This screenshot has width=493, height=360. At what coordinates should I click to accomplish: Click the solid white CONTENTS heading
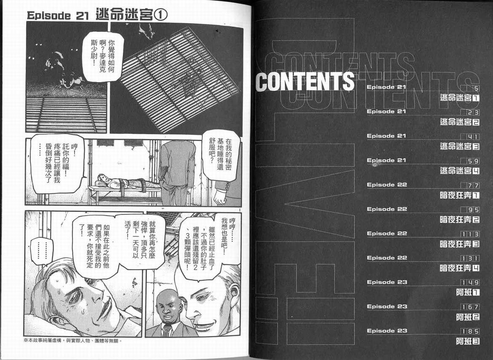coord(305,81)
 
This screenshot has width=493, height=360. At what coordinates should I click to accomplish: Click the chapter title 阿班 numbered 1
coord(468,293)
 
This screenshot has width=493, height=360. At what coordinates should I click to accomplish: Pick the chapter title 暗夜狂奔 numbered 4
coord(459,268)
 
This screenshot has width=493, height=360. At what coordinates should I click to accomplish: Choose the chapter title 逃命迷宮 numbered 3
coord(459,146)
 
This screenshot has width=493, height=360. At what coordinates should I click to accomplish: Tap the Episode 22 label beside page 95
coord(387,209)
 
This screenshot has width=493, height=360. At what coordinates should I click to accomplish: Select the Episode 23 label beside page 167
coord(387,306)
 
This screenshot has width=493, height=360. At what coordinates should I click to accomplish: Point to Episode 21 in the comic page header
coord(58,16)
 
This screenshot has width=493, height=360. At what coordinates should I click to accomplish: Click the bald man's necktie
coord(167,330)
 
